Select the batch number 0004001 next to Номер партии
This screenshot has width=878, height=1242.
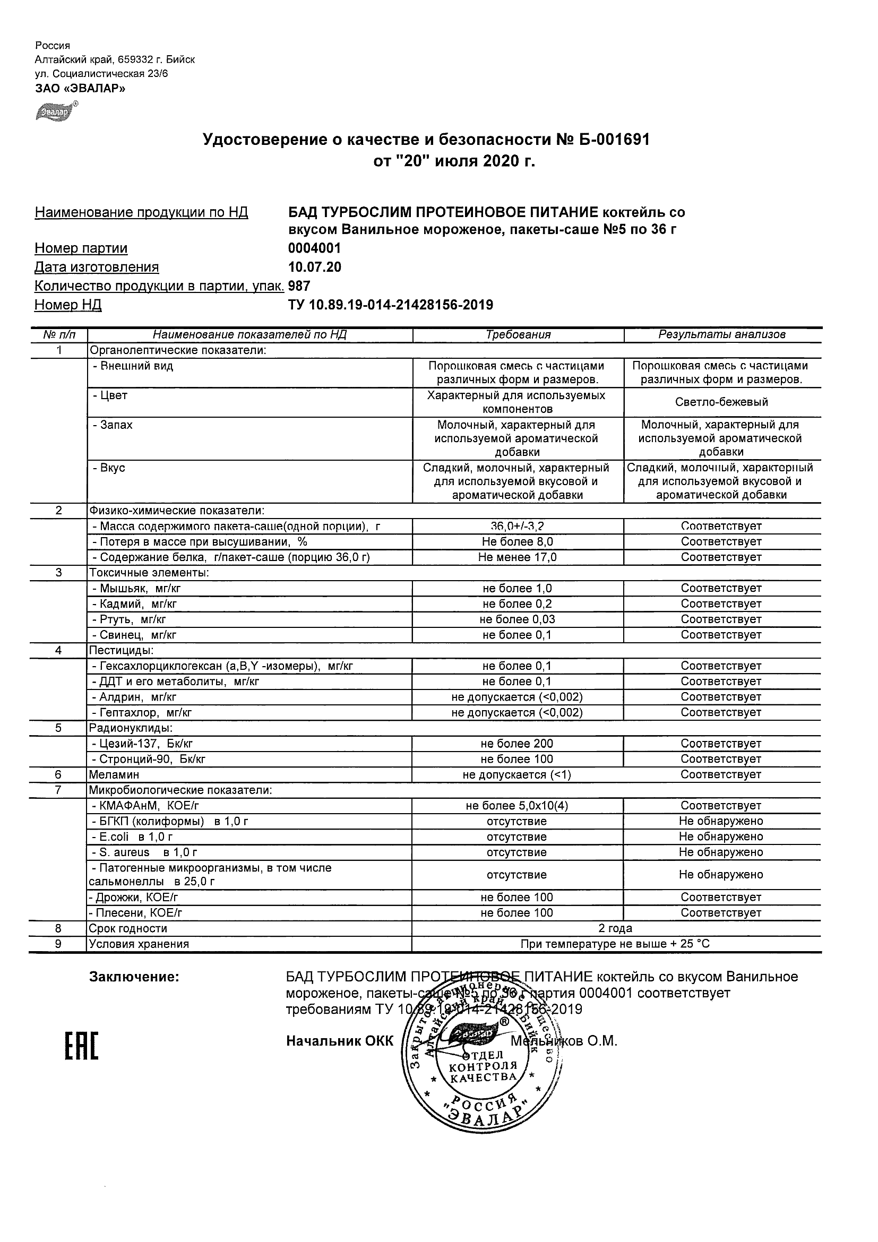(314, 248)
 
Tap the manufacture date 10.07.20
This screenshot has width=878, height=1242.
(314, 267)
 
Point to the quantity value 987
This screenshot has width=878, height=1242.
(299, 286)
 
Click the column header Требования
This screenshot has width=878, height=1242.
(518, 335)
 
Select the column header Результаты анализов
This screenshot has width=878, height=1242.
(721, 335)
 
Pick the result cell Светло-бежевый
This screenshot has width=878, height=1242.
(721, 402)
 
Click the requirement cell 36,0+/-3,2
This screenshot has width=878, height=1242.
(518, 526)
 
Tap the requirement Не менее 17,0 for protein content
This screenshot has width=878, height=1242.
(518, 557)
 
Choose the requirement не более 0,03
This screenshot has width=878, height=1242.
(518, 619)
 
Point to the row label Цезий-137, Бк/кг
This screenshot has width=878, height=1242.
(147, 744)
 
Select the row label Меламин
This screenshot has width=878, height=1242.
(114, 774)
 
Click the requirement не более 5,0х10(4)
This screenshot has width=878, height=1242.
(518, 806)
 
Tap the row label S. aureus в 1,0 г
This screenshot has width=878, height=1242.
(144, 852)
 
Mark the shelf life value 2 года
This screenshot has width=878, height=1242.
(615, 929)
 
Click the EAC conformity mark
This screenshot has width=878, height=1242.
(82, 1047)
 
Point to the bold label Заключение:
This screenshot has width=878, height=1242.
(134, 977)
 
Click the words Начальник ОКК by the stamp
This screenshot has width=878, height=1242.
(340, 1041)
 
